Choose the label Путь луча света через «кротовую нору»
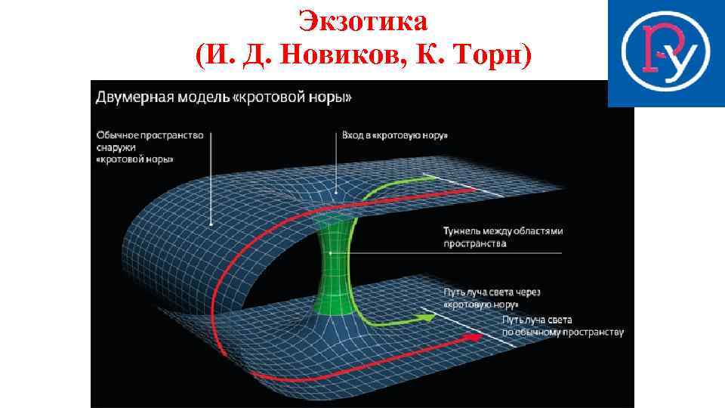coord(492,298)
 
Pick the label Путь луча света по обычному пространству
coord(563,326)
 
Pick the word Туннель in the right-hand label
coord(463,231)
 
